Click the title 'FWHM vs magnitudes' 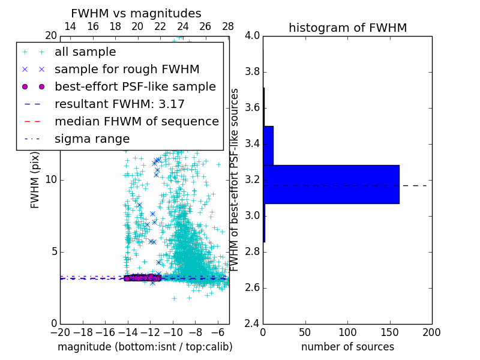click(136, 13)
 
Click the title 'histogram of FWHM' click(347, 28)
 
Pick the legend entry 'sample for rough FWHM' click(127, 70)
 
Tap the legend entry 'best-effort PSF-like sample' click(135, 87)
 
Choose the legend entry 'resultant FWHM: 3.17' click(119, 104)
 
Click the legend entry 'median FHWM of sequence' click(136, 122)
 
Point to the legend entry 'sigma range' click(92, 139)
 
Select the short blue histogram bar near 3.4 click(268, 145)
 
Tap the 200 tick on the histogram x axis click(431, 332)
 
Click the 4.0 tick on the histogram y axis click(253, 35)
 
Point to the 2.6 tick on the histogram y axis click(253, 287)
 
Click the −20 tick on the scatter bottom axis click(60, 332)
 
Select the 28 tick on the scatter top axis click(228, 26)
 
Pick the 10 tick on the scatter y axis click(51, 179)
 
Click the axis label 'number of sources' click(347, 347)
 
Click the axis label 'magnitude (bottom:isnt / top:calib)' click(145, 347)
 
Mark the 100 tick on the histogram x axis click(347, 332)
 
